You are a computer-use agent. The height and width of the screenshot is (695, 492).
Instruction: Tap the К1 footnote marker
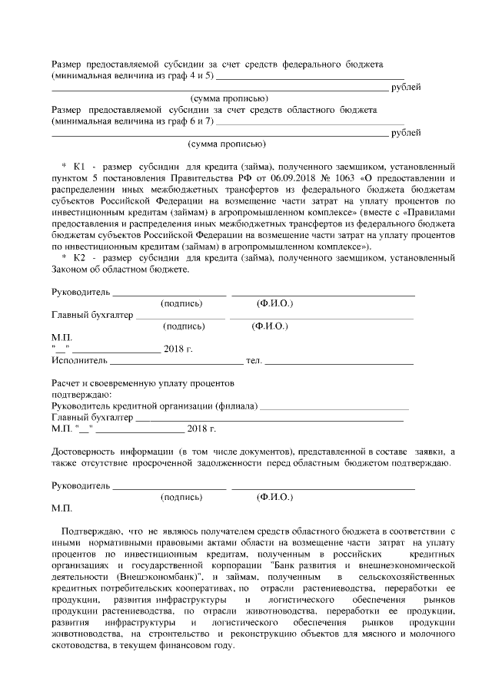coord(81,167)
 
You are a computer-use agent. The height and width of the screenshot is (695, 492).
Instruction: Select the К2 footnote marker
coord(81,258)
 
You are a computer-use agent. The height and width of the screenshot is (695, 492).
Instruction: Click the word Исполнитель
coord(79,361)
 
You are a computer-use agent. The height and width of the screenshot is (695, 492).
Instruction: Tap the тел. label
coord(253,361)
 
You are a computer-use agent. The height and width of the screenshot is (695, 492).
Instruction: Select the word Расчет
coord(66,383)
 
